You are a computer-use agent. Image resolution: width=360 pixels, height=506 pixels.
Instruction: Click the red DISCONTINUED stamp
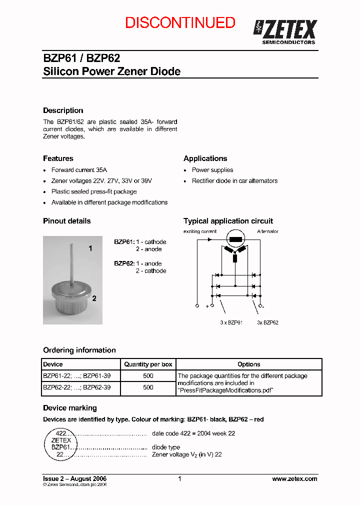(x=180, y=22)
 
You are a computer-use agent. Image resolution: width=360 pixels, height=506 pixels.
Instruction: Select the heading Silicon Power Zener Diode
(x=111, y=71)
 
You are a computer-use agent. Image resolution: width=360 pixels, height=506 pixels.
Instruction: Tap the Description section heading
(x=63, y=110)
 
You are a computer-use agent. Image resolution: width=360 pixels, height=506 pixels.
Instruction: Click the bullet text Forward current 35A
(x=79, y=170)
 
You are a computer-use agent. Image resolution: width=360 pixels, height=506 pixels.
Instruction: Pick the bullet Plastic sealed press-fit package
(x=93, y=191)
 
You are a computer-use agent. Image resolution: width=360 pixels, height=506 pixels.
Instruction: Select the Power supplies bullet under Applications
(x=212, y=170)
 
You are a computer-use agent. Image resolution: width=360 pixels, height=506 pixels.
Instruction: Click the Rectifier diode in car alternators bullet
(x=234, y=181)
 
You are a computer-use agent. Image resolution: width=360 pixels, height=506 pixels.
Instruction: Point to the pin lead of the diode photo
(x=72, y=260)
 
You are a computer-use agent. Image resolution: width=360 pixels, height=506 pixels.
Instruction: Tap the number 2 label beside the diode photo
(x=94, y=298)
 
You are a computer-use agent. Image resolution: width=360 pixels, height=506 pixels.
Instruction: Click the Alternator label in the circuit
(x=267, y=231)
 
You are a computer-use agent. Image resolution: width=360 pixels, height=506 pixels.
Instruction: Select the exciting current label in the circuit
(x=200, y=231)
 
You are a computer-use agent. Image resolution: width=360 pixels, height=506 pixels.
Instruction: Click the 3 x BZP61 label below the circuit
(x=231, y=322)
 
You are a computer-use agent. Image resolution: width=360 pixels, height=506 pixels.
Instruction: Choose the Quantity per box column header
(x=148, y=364)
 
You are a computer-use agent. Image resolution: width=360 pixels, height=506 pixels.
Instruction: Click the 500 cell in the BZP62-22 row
(x=148, y=387)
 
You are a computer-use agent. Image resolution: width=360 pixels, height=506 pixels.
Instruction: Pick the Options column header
(x=248, y=364)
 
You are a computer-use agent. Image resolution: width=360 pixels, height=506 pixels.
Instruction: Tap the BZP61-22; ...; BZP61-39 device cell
(x=76, y=375)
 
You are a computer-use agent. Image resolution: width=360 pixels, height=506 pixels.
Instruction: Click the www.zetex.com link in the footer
(x=294, y=478)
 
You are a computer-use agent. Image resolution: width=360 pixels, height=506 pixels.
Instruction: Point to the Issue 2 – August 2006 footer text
(x=75, y=478)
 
